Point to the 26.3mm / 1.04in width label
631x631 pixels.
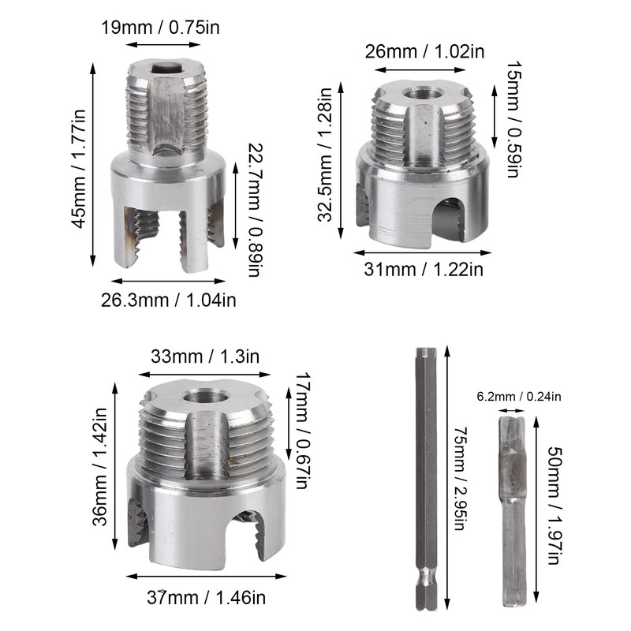tap(168, 299)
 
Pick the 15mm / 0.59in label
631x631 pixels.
tap(512, 119)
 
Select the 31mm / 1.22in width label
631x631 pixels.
tap(424, 270)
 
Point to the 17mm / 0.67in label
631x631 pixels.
tap(301, 431)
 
